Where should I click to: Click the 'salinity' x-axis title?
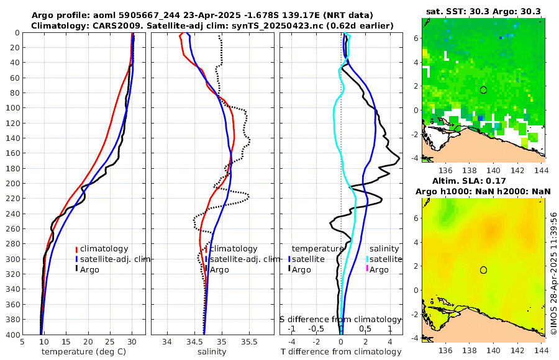click(x=212, y=352)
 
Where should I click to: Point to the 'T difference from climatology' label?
click(x=341, y=352)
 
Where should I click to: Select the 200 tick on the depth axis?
click(x=12, y=184)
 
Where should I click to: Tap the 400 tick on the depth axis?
click(x=12, y=335)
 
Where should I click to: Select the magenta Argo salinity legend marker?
click(x=367, y=269)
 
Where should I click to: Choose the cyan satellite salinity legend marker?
click(x=367, y=259)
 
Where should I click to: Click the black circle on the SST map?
click(x=483, y=90)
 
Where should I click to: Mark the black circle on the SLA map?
click(x=483, y=270)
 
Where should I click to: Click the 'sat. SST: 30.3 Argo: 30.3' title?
click(x=483, y=11)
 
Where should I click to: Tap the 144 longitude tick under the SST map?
click(x=542, y=170)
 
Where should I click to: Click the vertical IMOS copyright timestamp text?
click(x=553, y=267)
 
